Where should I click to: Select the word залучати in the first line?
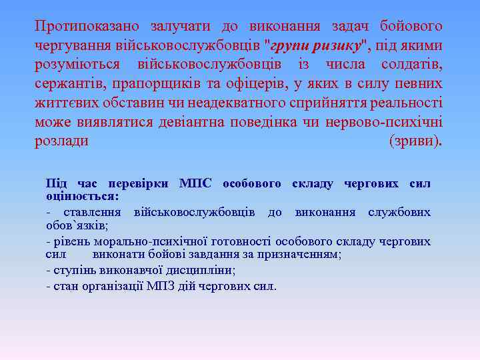[x=179, y=27]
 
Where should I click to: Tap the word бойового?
[x=411, y=27]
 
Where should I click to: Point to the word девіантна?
[x=194, y=123]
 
